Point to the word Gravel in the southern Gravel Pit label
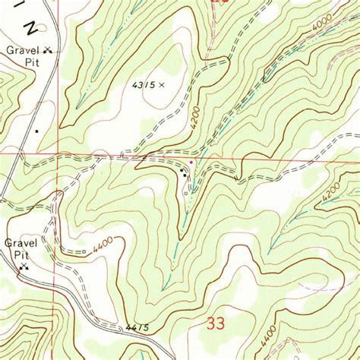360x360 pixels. (x=17, y=244)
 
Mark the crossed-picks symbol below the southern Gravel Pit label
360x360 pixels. (x=24, y=267)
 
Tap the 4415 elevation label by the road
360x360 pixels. (x=134, y=328)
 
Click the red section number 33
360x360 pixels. (x=216, y=323)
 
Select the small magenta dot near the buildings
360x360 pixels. (x=191, y=162)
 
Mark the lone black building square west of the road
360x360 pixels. (x=35, y=131)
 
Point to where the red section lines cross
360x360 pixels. (x=58, y=156)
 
